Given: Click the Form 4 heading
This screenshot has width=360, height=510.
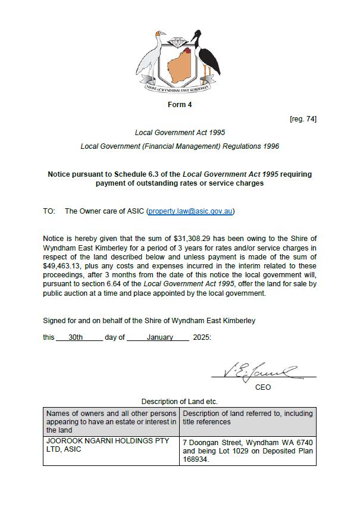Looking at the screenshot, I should (179, 105).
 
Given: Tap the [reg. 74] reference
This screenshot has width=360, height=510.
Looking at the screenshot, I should (303, 119).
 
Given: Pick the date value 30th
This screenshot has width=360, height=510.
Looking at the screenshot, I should (76, 337).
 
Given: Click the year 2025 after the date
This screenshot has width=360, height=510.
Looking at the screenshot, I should (201, 337).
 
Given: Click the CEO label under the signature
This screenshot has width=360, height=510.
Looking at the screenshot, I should (263, 387).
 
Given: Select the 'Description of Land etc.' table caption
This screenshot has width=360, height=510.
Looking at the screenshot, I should (179, 402).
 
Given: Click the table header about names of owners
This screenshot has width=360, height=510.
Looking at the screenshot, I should (111, 421).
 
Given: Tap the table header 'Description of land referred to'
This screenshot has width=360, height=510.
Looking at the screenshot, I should (248, 417).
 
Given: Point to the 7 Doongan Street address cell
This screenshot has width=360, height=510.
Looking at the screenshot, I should (248, 451).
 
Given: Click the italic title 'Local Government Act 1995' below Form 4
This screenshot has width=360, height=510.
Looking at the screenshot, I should (179, 132).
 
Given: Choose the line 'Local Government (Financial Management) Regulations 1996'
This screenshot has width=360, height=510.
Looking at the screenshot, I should (179, 146).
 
